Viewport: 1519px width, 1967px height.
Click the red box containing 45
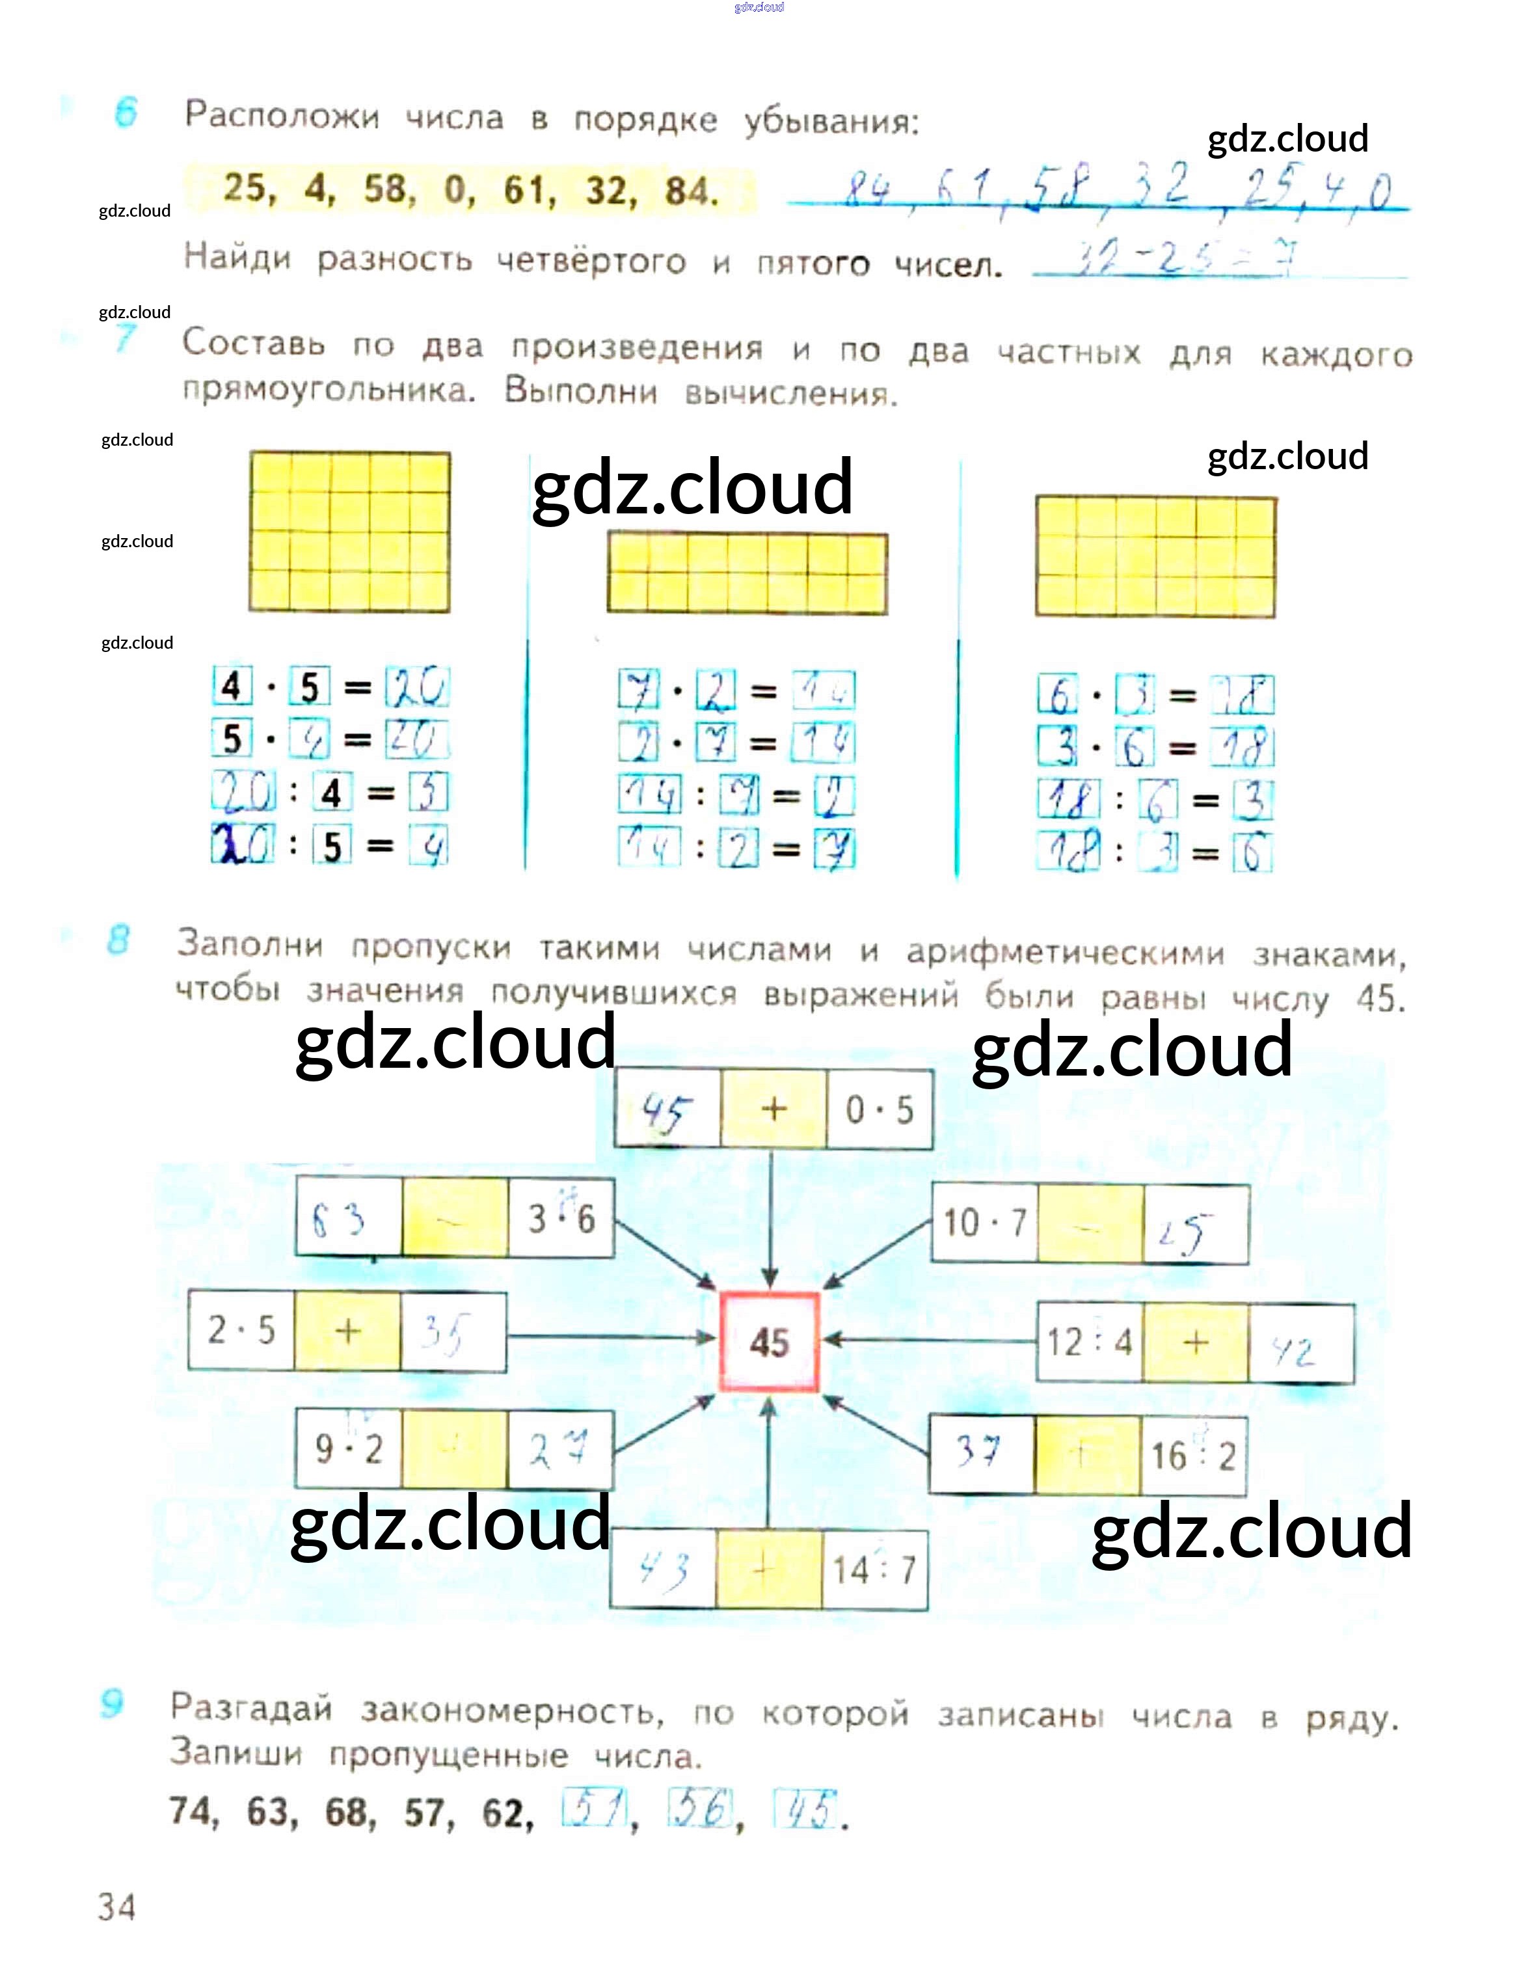click(x=768, y=1342)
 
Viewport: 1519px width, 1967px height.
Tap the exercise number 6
click(x=126, y=113)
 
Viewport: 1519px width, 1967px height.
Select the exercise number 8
click(x=118, y=940)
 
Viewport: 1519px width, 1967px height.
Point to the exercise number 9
click(x=113, y=1703)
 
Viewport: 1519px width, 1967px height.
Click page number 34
click(x=117, y=1906)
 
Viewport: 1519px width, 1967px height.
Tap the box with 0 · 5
click(x=879, y=1109)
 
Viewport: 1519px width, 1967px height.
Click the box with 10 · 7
click(x=984, y=1223)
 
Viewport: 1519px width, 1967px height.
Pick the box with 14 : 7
click(x=874, y=1570)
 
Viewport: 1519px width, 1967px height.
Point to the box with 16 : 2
click(x=1193, y=1456)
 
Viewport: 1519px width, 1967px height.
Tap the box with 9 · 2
click(x=349, y=1448)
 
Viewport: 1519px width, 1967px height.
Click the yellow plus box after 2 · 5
click(x=347, y=1331)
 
